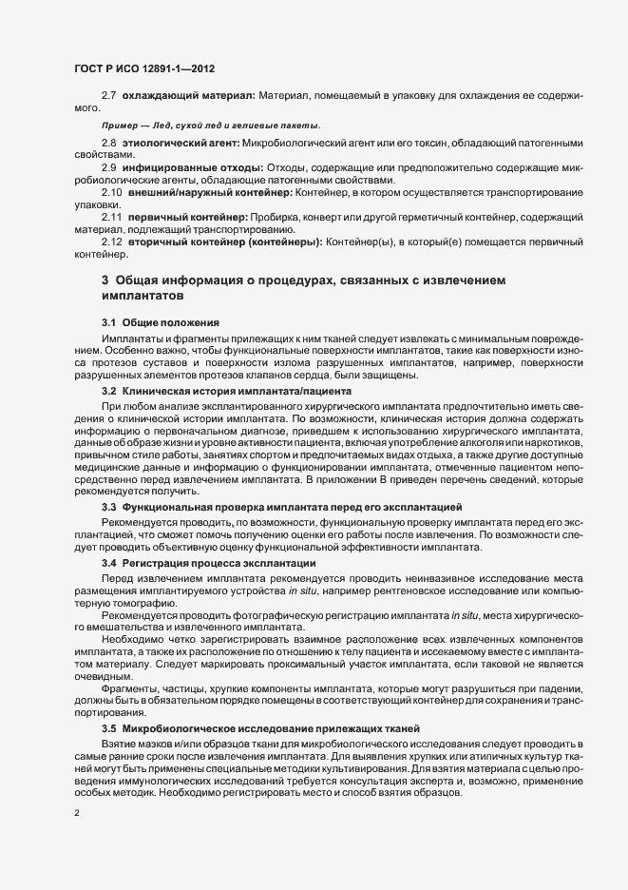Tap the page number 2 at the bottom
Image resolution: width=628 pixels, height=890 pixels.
tap(77, 813)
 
